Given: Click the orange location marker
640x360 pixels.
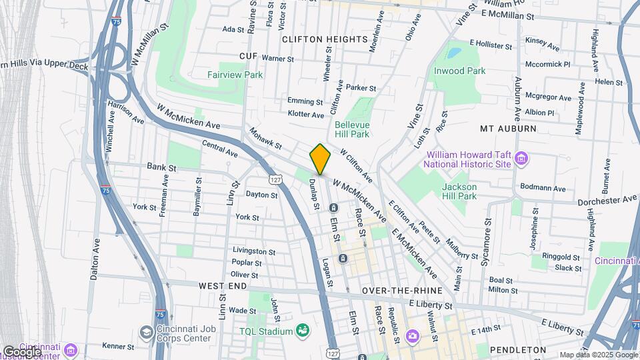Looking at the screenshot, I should tap(321, 159).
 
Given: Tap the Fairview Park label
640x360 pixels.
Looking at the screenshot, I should tap(235, 75).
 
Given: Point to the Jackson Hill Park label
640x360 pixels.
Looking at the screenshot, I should tap(459, 191).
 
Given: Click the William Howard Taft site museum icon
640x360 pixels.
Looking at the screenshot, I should tap(521, 159).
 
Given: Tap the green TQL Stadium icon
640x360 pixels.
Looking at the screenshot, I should tap(303, 331).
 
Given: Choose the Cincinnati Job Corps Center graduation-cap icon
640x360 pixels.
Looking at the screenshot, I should tap(146, 331).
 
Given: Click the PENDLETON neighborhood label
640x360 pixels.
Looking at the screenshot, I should tap(517, 349).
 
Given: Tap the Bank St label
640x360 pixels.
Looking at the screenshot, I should tap(161, 167).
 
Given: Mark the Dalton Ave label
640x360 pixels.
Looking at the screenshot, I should tap(95, 258).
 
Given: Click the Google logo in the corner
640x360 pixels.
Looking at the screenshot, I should tap(21, 351).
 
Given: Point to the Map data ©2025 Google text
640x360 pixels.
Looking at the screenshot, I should tap(597, 355).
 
